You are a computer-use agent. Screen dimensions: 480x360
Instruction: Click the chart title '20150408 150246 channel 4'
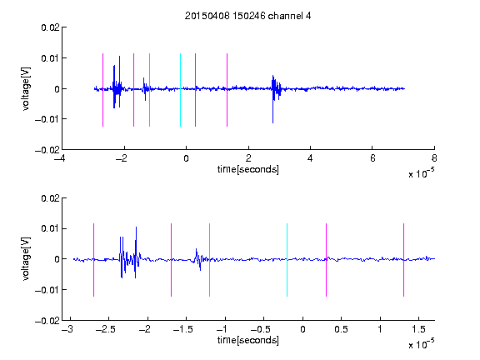[247, 16]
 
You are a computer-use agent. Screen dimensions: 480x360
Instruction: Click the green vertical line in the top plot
[149, 90]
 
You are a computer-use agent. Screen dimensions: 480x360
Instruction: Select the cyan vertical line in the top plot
[180, 90]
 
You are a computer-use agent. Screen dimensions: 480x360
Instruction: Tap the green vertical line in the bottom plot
[209, 260]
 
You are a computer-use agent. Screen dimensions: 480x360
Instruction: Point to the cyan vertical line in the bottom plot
[287, 260]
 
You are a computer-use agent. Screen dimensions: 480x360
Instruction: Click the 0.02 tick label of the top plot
[50, 27]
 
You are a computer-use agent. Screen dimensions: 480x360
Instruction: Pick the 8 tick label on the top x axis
[434, 158]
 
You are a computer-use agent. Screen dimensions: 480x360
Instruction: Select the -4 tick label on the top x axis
[59, 158]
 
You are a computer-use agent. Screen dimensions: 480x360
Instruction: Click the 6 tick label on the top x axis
[372, 158]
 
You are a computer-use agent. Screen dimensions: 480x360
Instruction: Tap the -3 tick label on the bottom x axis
[67, 329]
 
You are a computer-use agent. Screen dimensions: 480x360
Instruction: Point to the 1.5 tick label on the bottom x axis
[418, 329]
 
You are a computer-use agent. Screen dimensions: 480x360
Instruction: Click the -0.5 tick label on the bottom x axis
[261, 329]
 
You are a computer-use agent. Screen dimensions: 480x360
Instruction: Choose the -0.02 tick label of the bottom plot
[47, 321]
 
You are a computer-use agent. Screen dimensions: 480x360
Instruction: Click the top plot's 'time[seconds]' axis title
[248, 169]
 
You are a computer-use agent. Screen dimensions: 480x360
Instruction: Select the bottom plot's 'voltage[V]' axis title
[26, 258]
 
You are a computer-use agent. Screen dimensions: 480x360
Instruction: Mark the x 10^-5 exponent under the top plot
[421, 173]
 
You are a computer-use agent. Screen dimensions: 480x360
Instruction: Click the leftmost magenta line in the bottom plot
[93, 260]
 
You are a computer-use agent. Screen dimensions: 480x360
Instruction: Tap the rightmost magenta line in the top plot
[227, 90]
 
